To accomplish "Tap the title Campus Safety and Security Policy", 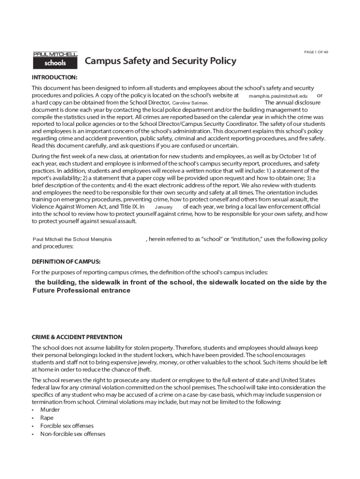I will point(160,61).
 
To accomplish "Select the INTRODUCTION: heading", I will point(54,77).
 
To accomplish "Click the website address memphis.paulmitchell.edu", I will point(278,96).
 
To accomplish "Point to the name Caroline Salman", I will point(190,103).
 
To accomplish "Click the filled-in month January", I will point(164,207).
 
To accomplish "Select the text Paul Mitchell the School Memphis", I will point(72,239).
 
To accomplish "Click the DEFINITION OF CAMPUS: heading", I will point(66,261).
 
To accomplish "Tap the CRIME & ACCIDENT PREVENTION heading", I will point(77,337).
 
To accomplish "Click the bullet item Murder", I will point(50,410).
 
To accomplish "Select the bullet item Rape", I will point(47,418).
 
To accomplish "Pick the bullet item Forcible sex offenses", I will point(67,426).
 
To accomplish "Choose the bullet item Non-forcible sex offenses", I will point(73,434).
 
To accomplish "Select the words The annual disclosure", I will point(293,102).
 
